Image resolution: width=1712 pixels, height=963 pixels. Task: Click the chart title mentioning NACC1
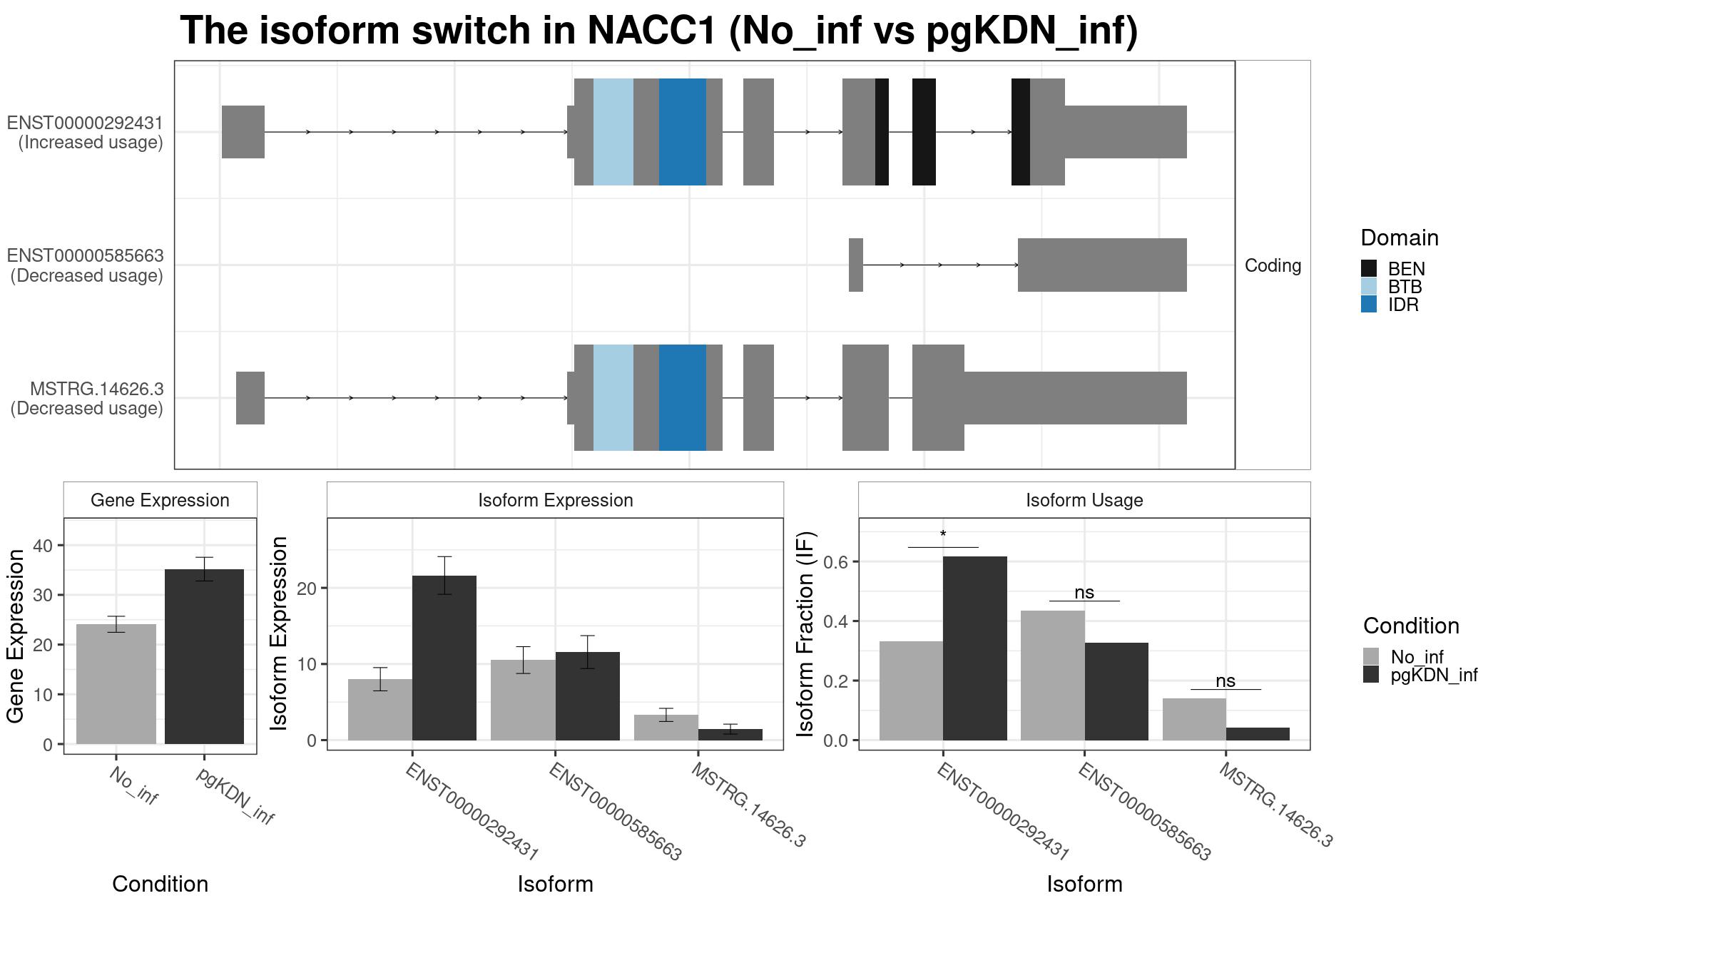coord(658,31)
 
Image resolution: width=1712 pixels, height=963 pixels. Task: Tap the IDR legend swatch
coord(1369,305)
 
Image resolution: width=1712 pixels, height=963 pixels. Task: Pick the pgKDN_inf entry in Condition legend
coord(1420,675)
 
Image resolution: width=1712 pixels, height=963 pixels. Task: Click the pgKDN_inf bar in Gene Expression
coord(204,656)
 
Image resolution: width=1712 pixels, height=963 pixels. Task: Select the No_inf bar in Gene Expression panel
coord(116,684)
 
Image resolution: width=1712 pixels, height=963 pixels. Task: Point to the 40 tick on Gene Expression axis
coord(43,546)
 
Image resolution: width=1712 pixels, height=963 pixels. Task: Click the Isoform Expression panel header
coord(555,500)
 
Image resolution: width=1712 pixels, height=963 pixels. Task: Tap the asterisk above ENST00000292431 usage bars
coord(943,535)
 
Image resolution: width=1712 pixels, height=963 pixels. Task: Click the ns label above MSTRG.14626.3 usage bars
coord(1226,681)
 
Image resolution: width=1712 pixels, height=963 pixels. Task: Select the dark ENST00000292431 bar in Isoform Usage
coord(974,648)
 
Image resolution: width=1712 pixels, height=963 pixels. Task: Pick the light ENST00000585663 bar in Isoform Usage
coord(1053,676)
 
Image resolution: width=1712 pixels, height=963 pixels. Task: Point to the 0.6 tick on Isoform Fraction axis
coord(836,562)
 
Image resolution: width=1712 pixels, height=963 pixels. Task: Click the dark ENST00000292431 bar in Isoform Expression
coord(444,658)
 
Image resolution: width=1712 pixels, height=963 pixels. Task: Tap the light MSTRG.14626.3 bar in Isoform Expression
coord(666,728)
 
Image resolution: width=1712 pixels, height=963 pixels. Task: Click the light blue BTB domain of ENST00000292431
coord(613,132)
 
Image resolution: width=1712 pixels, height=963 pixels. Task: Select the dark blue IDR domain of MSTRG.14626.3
coord(683,398)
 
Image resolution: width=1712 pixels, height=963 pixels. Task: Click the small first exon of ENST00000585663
coord(856,265)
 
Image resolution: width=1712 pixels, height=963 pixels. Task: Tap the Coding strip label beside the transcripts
coord(1273,265)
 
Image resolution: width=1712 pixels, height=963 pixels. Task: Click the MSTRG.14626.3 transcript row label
coord(86,399)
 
